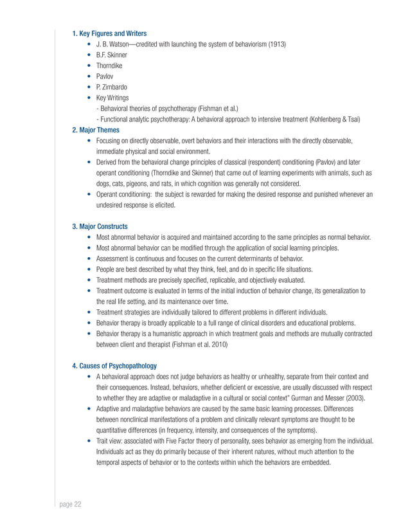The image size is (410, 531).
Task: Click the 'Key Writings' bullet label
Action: pyautogui.click(x=112, y=98)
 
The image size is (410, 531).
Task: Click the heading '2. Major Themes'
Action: pyautogui.click(x=95, y=130)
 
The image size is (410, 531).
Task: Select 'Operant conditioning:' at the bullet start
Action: pyautogui.click(x=123, y=194)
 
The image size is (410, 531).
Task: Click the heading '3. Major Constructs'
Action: pyautogui.click(x=100, y=226)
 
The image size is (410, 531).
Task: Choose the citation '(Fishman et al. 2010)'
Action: pyautogui.click(x=197, y=344)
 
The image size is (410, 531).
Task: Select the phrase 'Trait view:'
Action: pyautogui.click(x=110, y=441)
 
